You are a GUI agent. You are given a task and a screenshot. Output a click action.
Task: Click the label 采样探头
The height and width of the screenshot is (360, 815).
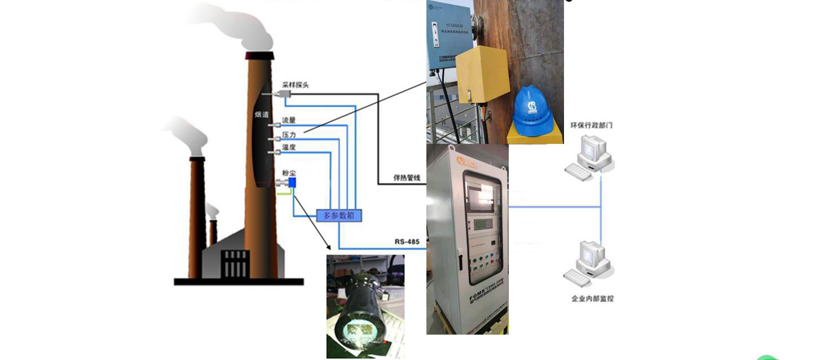tap(296, 85)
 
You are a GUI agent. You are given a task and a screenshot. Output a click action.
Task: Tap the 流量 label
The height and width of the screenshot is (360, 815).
tap(289, 120)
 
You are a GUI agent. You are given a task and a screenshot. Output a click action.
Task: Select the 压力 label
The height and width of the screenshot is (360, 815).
tap(289, 135)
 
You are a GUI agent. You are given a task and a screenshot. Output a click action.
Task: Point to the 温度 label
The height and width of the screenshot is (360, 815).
tap(289, 148)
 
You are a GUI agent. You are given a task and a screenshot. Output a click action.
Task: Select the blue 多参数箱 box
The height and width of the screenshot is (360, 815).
tap(338, 215)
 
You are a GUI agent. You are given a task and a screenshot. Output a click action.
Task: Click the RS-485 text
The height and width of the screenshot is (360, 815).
tap(407, 242)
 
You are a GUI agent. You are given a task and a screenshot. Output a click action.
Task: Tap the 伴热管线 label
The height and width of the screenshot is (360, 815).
tap(407, 178)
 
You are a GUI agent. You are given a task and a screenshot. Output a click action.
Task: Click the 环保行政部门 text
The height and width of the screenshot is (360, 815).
tap(591, 125)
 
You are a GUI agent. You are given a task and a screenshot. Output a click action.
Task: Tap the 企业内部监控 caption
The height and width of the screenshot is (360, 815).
tap(592, 298)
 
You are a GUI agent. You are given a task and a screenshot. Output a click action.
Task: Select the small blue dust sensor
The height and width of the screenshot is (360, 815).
tap(292, 182)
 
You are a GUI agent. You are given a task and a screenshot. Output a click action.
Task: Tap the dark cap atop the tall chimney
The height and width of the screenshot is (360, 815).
tap(259, 55)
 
